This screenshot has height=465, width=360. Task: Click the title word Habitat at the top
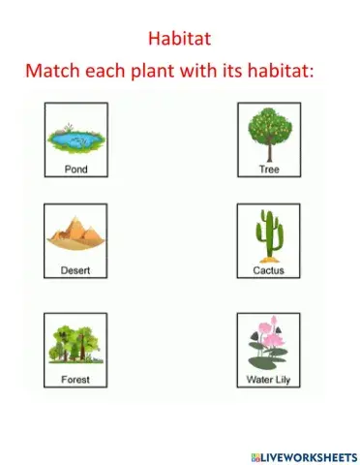(179, 39)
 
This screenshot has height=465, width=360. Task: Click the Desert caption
(75, 270)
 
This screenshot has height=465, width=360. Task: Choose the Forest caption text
(75, 379)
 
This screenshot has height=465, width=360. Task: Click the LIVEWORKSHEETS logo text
(308, 453)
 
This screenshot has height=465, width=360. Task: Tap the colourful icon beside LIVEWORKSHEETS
(253, 453)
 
